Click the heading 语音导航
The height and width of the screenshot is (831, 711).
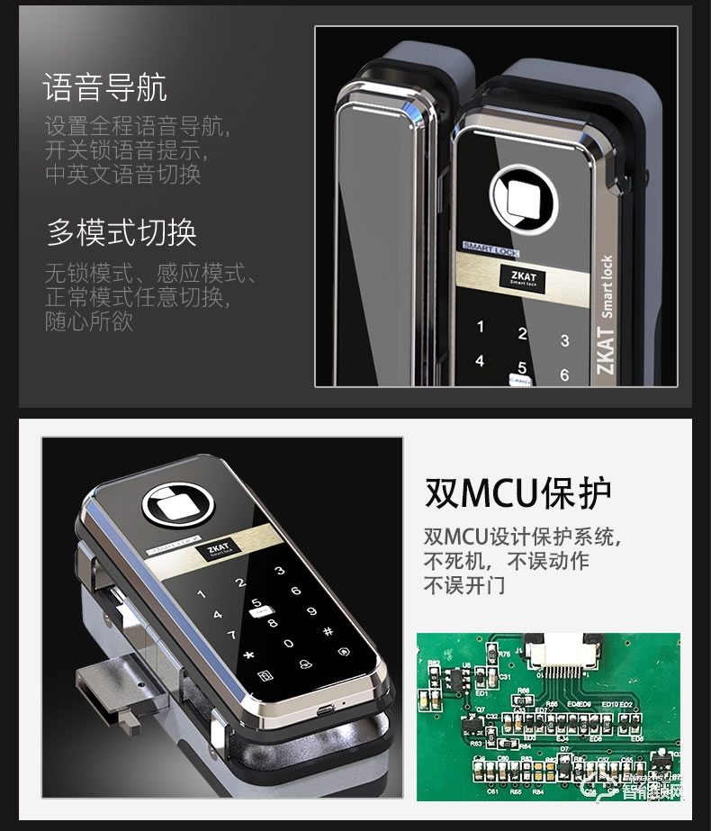tap(105, 89)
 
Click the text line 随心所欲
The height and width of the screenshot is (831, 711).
tap(89, 321)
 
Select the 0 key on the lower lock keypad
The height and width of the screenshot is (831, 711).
tap(288, 644)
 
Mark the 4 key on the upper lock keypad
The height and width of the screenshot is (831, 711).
tap(480, 361)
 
